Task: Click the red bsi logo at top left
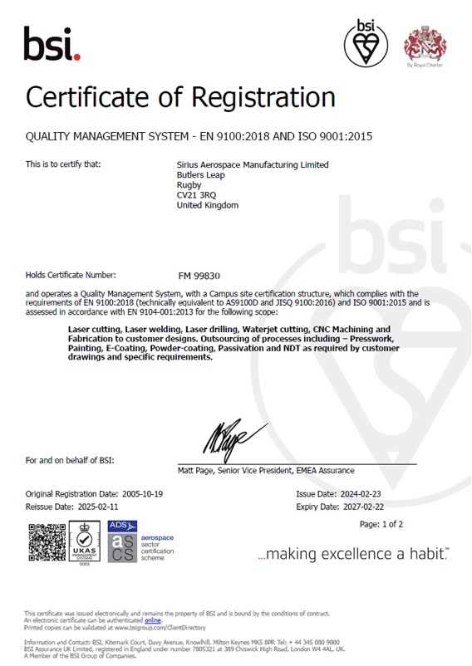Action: click(52, 42)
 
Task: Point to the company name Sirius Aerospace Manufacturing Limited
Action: click(253, 164)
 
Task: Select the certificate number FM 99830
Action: click(199, 275)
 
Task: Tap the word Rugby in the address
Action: click(189, 184)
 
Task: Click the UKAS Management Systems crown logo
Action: click(84, 541)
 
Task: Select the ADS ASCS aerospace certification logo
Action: click(123, 541)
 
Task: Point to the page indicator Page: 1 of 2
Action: click(381, 525)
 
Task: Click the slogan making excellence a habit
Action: click(352, 554)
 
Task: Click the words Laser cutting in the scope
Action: click(94, 330)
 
